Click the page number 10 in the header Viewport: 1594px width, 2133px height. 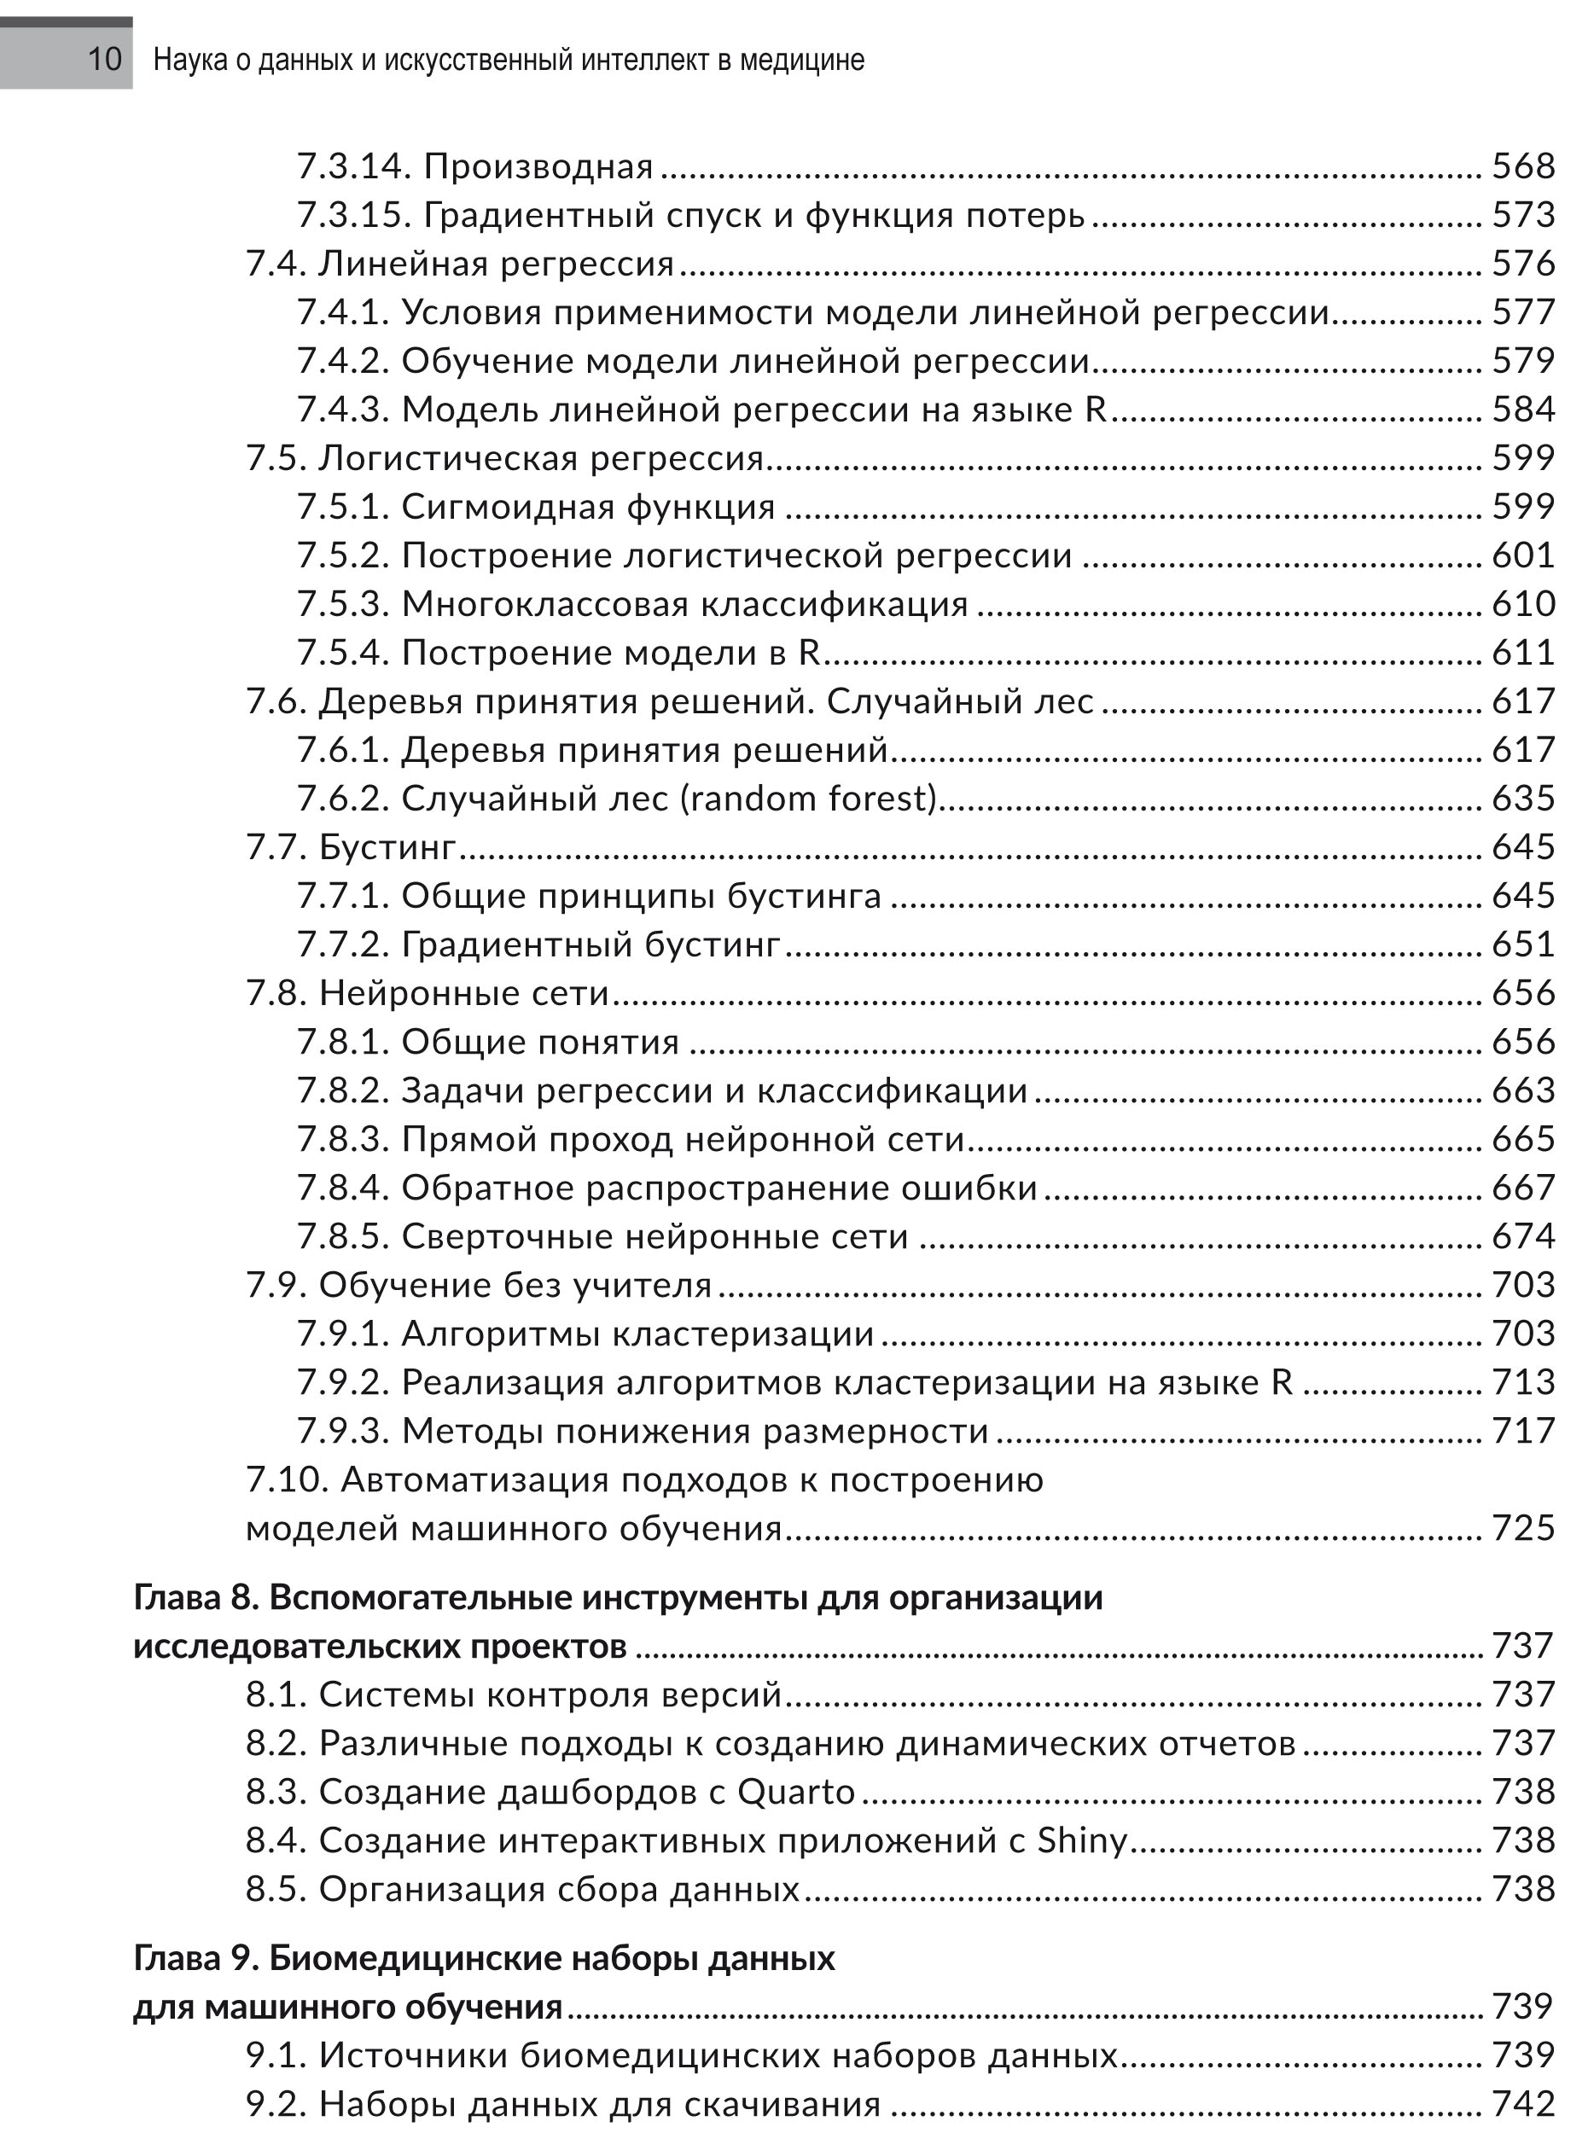point(104,60)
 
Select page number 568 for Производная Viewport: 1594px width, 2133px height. point(1522,167)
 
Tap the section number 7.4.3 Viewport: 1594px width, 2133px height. point(342,410)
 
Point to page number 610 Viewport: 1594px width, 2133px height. point(1522,605)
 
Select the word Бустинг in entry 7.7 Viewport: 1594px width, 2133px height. point(387,847)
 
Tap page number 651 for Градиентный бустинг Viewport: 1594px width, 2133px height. point(1522,944)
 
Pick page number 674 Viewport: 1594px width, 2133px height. point(1522,1236)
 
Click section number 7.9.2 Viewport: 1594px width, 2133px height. point(342,1383)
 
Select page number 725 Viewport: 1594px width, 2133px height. point(1522,1528)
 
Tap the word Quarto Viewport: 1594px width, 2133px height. point(795,1793)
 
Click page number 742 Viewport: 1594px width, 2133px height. point(1522,2103)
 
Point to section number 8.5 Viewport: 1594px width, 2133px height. point(275,1889)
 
